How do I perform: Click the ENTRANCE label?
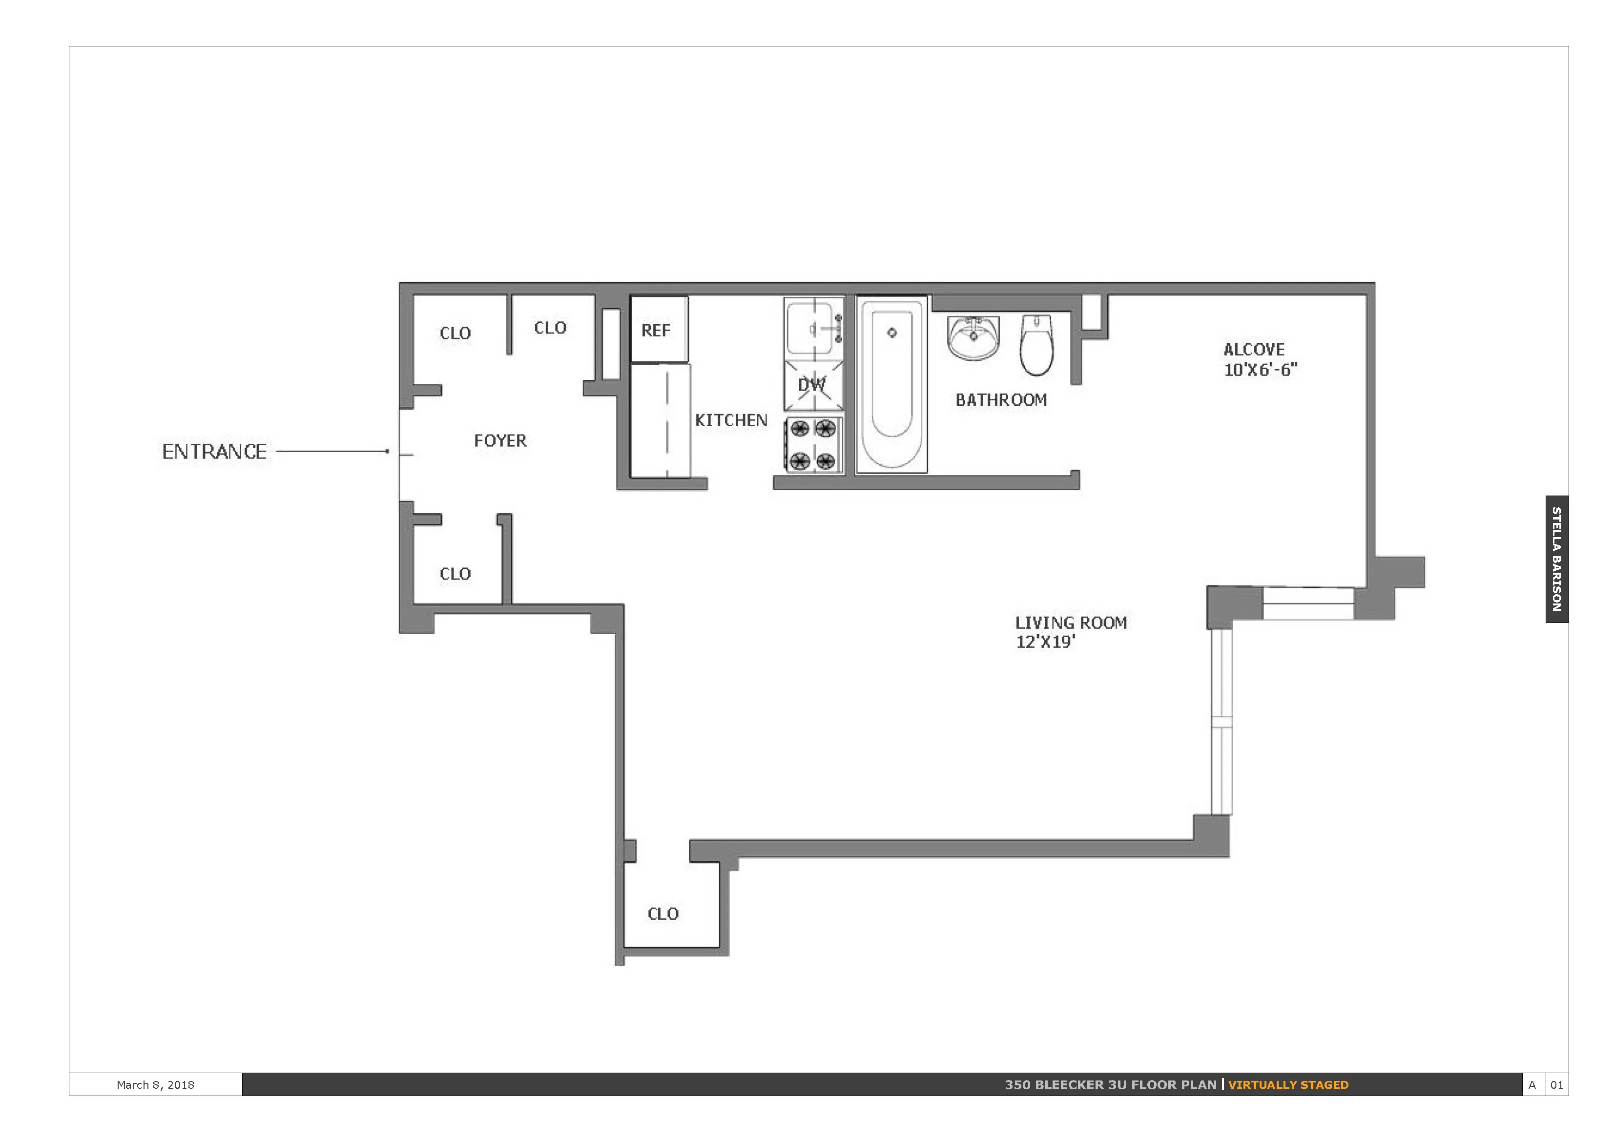click(214, 452)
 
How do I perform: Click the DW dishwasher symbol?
click(813, 385)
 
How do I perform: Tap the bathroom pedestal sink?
click(973, 337)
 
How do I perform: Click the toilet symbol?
click(1036, 344)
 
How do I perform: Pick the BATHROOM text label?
click(1001, 400)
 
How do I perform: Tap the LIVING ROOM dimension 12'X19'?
click(1045, 642)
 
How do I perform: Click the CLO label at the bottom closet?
click(663, 914)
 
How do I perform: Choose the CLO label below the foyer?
click(455, 574)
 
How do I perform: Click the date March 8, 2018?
click(155, 1085)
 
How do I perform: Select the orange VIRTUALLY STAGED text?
click(1288, 1085)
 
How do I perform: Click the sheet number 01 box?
click(1556, 1085)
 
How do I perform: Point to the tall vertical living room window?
click(1221, 721)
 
